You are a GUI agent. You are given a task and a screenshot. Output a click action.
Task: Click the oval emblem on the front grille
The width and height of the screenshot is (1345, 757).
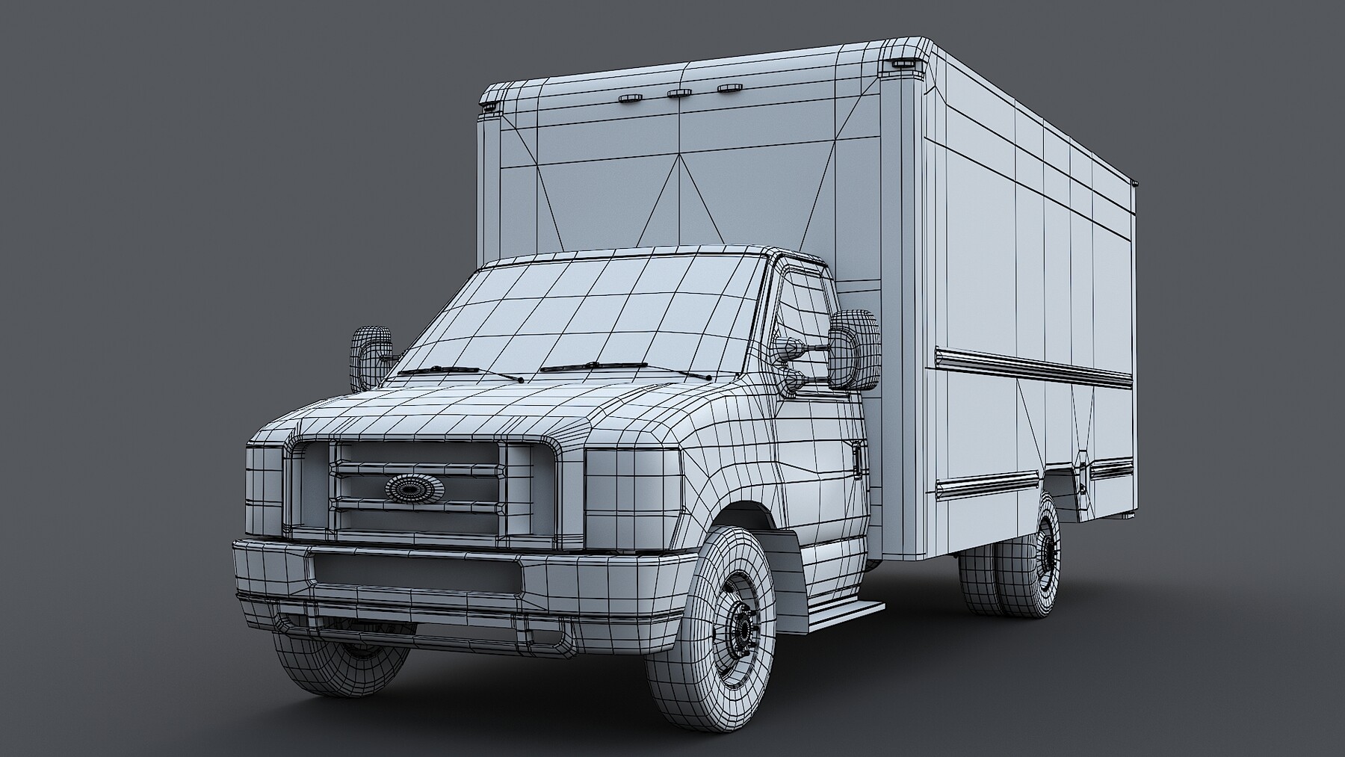tap(414, 488)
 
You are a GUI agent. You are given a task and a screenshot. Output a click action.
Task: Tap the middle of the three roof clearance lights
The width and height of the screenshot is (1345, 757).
tap(679, 93)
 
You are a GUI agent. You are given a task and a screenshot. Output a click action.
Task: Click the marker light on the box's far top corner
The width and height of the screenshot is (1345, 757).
tap(489, 108)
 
